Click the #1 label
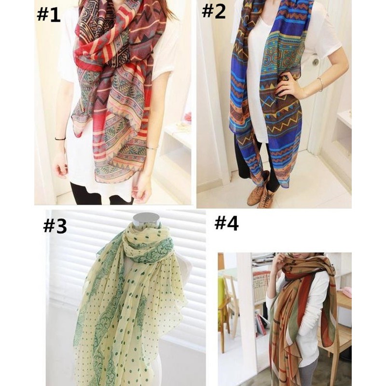[49, 15]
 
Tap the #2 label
[214, 11]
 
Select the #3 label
[55, 226]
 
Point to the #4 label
[226, 223]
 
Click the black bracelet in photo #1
[60, 139]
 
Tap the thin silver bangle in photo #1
[152, 148]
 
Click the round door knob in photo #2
[316, 62]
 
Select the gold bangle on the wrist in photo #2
[320, 84]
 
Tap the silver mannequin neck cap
[146, 219]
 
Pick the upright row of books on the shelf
[262, 287]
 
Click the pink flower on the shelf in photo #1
[188, 117]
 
